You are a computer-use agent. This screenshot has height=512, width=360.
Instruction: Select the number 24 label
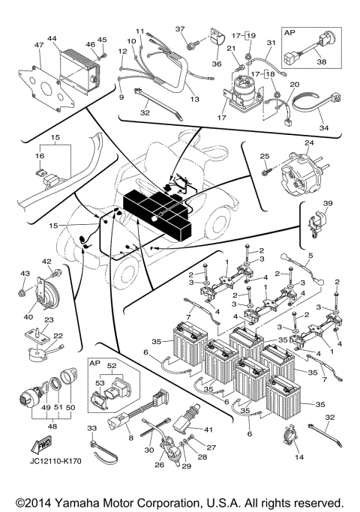point(308,143)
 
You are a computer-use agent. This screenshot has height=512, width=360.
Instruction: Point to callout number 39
point(328,203)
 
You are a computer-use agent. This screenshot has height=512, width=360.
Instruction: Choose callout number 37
point(181,28)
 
